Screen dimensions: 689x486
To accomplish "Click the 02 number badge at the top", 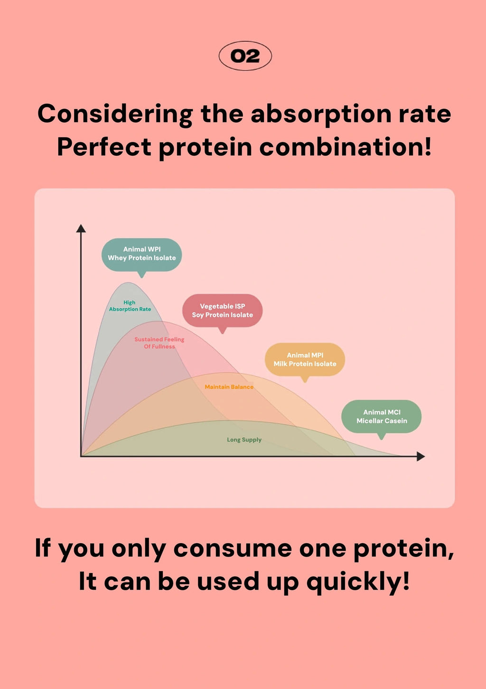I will (x=245, y=56).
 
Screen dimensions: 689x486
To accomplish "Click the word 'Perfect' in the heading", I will (x=104, y=147).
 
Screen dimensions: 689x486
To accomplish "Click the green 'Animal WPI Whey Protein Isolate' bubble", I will (x=141, y=254).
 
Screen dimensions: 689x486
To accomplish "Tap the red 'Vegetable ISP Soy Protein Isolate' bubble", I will (x=222, y=311).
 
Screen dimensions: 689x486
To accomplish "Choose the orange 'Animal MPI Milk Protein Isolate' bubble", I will (x=305, y=359).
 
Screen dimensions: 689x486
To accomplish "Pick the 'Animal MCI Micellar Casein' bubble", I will (x=382, y=416).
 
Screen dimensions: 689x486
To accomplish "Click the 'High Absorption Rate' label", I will (x=130, y=306).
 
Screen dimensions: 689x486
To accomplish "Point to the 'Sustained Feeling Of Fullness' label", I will (x=159, y=343).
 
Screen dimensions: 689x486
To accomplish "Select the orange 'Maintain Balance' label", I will (x=229, y=387).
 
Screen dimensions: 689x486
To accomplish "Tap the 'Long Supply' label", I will (x=244, y=440).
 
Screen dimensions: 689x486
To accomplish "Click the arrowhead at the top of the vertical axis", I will (x=81, y=228).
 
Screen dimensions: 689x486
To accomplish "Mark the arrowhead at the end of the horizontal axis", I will (x=421, y=456).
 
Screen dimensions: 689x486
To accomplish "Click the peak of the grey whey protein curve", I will (x=128, y=283).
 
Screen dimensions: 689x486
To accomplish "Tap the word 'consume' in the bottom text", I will (x=233, y=548).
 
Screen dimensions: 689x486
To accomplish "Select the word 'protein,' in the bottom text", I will (x=403, y=548).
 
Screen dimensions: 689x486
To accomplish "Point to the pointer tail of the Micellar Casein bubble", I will (x=381, y=436).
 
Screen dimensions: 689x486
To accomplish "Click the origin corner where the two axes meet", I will (x=82, y=456).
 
